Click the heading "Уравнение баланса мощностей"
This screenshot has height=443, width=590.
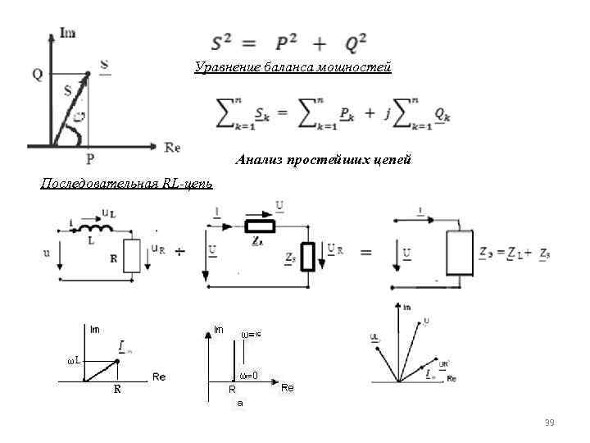point(293,67)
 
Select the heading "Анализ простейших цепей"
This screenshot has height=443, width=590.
point(323,159)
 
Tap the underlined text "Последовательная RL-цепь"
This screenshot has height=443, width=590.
point(127,182)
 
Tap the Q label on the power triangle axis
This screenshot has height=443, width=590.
point(38,74)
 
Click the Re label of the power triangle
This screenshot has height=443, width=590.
point(172,148)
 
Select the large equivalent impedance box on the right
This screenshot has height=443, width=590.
point(459,253)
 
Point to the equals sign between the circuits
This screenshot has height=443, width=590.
point(365,252)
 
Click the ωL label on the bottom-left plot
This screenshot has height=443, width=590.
point(74,360)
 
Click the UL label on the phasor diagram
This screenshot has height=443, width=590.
point(374,336)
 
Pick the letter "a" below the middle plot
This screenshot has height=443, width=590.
point(239,404)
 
